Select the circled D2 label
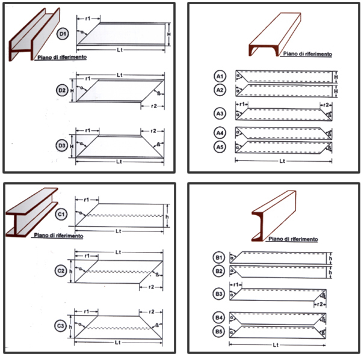62,90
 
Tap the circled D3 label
62,145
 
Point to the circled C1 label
62,214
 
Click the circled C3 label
62,326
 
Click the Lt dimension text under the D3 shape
119,162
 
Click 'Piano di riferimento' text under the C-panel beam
58,236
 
